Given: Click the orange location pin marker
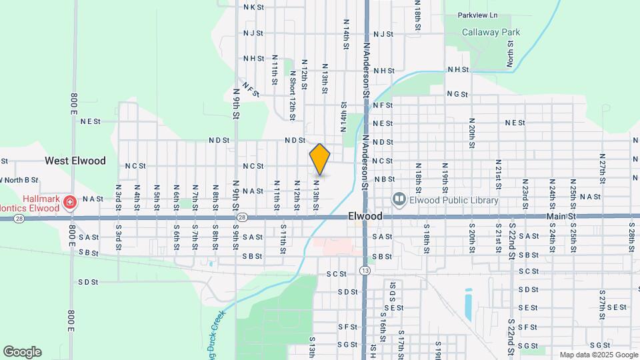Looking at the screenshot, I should pyautogui.click(x=320, y=159).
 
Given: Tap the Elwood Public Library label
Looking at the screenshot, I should pyautogui.click(x=453, y=199).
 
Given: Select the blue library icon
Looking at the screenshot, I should pyautogui.click(x=399, y=199).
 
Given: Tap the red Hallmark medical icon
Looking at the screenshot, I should pyautogui.click(x=69, y=200).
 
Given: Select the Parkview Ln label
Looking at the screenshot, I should pyautogui.click(x=477, y=15).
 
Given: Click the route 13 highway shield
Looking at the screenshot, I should pyautogui.click(x=364, y=270).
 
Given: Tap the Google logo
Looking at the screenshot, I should pyautogui.click(x=22, y=352).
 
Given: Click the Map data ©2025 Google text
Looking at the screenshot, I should pyautogui.click(x=598, y=355).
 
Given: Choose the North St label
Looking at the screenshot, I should pyautogui.click(x=510, y=53).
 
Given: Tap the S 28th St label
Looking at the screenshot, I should pyautogui.click(x=631, y=237).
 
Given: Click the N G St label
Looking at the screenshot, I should pyautogui.click(x=457, y=94).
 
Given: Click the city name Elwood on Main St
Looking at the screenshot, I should pyautogui.click(x=365, y=216).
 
